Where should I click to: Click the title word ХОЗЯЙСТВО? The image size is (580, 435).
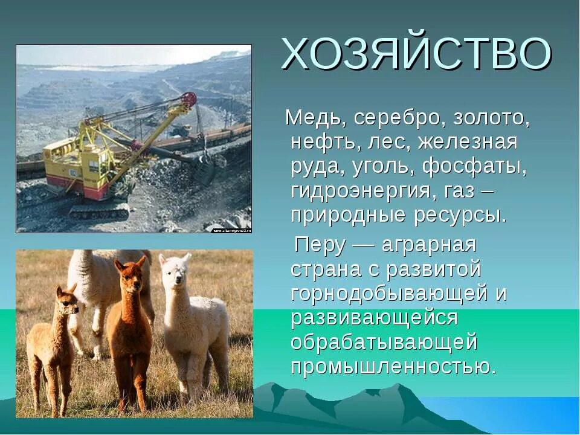click(416, 54)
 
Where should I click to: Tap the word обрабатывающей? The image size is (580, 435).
click(384, 342)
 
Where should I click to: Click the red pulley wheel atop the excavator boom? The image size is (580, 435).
click(189, 99)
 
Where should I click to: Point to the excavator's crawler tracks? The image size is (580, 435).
click(100, 210)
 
